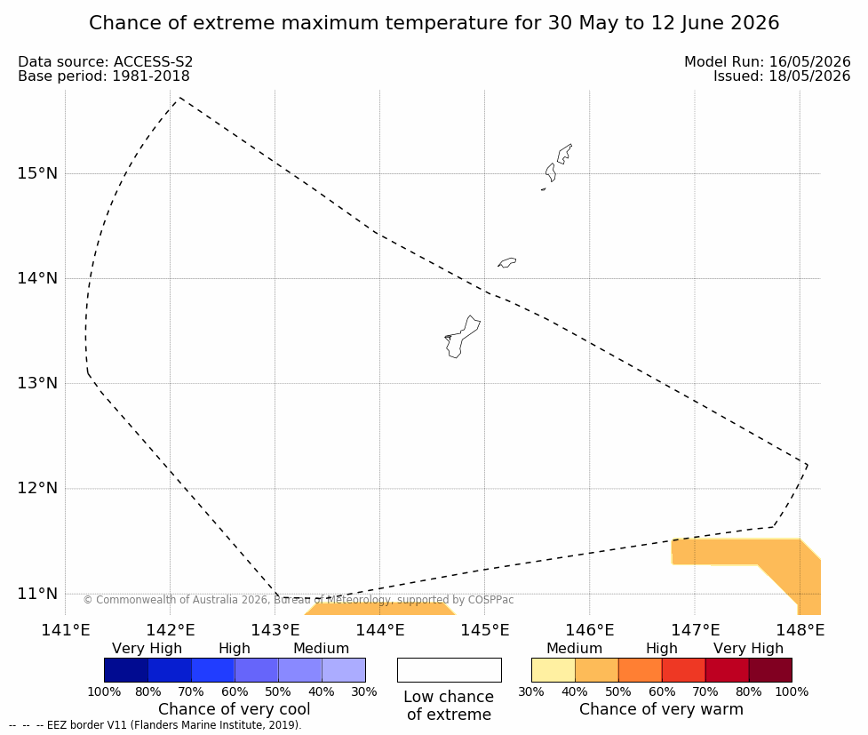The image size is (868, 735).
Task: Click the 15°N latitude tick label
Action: (37, 173)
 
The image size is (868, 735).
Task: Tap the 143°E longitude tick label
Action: (275, 630)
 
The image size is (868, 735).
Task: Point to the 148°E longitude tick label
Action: (800, 630)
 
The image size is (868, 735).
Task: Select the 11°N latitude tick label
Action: (37, 594)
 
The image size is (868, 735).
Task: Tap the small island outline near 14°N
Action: (507, 262)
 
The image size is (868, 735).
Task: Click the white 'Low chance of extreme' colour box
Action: (449, 670)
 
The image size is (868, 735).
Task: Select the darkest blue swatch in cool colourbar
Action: (126, 670)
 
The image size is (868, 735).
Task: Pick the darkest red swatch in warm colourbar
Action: (770, 670)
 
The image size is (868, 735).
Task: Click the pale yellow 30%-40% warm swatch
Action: (553, 670)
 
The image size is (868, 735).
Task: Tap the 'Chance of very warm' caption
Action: (661, 709)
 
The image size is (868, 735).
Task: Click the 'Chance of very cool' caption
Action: (235, 709)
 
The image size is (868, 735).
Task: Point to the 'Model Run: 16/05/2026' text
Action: (768, 61)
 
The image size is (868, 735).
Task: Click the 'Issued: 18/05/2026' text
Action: (782, 76)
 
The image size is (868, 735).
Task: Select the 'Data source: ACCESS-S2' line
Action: (105, 61)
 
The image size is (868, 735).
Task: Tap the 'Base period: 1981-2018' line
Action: (104, 76)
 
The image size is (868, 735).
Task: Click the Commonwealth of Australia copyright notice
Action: (299, 600)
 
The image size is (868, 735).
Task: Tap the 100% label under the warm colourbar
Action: (792, 691)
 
